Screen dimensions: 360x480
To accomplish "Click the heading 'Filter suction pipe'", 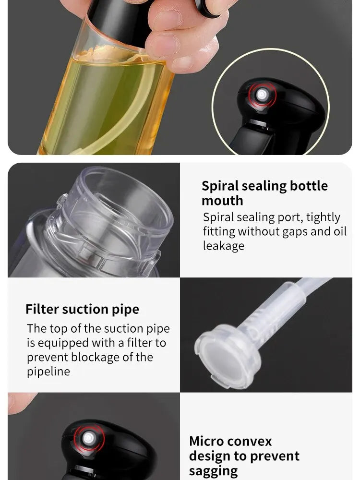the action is point(83,310).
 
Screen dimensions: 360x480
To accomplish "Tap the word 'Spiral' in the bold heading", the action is point(220,186).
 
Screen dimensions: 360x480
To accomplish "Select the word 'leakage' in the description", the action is point(224,246).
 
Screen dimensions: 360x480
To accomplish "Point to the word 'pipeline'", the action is point(48,372).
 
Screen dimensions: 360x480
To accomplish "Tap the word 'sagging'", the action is point(214,471).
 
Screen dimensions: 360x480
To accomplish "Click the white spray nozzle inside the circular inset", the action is point(262,94).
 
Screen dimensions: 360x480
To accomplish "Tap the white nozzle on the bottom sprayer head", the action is point(88,438).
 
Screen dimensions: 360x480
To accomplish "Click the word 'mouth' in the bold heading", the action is point(222,201).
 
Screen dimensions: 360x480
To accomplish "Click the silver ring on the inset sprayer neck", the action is point(257,123).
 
